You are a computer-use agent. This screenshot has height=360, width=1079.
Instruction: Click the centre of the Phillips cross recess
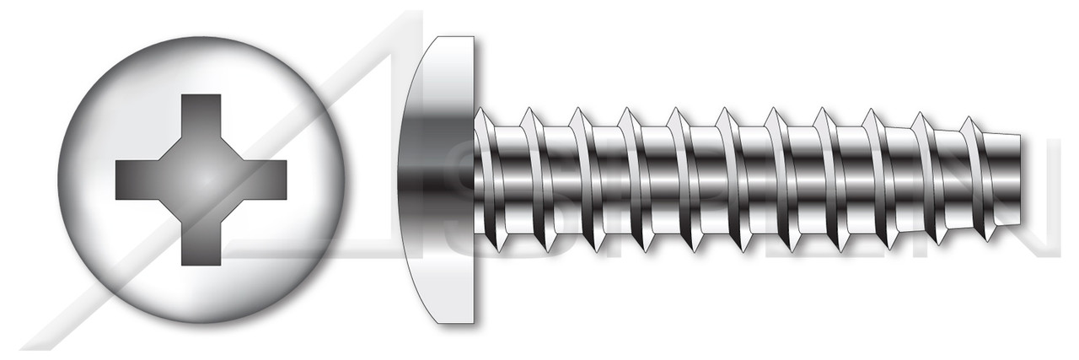[x=201, y=180]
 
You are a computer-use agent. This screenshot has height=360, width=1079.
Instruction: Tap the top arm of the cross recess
[x=201, y=114]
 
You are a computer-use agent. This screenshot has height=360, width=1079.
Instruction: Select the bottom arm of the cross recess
[x=201, y=244]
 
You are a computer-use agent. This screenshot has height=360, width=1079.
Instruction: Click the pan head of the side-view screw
[x=438, y=180]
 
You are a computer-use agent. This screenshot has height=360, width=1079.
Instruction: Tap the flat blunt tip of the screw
[x=1022, y=180]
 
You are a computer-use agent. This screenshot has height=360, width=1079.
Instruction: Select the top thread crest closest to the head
[x=480, y=110]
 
